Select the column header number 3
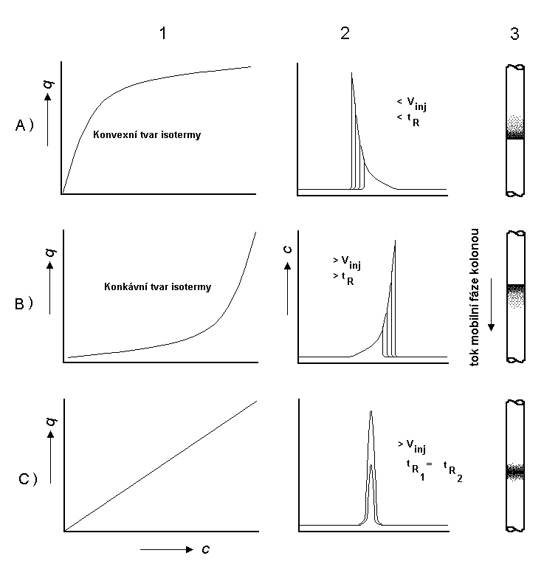tap(514, 33)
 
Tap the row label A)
tap(24, 126)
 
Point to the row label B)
tap(24, 303)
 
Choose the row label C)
tap(27, 478)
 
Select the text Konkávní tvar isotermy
tap(158, 286)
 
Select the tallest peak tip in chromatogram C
tap(371, 412)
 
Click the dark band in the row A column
tap(514, 135)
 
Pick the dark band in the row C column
tap(514, 470)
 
